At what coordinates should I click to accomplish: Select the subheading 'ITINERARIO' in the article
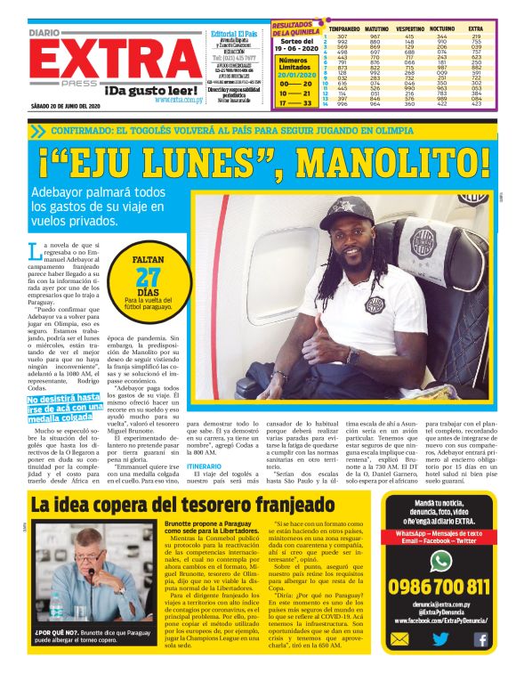click(205, 465)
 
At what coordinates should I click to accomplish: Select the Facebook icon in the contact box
click(480, 638)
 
